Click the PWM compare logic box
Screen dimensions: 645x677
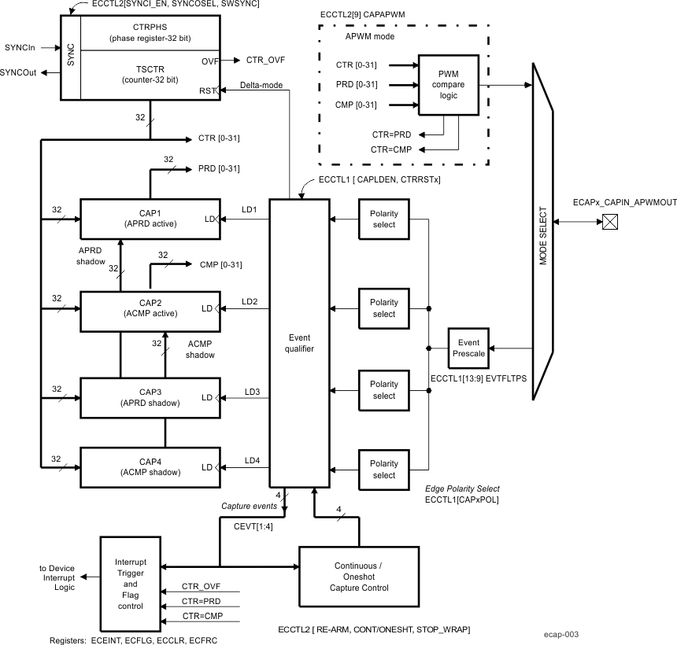(447, 84)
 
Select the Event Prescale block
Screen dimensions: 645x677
(468, 348)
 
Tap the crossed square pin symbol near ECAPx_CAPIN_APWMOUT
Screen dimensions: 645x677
(609, 223)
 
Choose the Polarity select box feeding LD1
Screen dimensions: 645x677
(384, 219)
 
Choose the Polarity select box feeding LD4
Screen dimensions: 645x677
(384, 470)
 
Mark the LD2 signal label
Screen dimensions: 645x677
(251, 301)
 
